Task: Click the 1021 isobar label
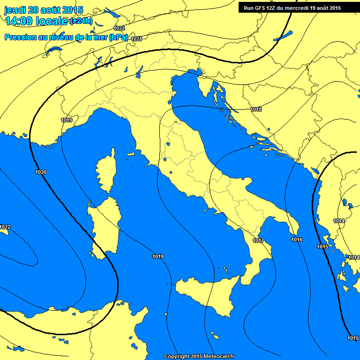(x=136, y=39)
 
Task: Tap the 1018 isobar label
(x=256, y=109)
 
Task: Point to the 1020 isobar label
(x=41, y=172)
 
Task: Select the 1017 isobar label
(x=258, y=240)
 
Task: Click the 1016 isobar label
(x=297, y=240)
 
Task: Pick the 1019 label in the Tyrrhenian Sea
(x=158, y=256)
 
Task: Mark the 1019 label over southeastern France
(x=67, y=120)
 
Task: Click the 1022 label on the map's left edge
(x=5, y=227)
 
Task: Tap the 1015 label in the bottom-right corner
(x=353, y=338)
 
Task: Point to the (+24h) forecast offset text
(x=81, y=22)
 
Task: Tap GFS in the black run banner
(x=262, y=8)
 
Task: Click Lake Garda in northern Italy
(x=139, y=71)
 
